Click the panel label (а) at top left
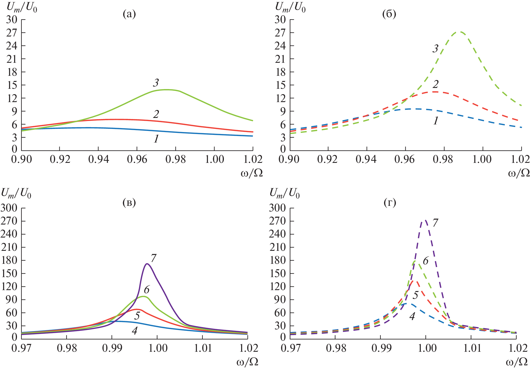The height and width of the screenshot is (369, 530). click(x=129, y=14)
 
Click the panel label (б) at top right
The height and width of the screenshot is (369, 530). click(x=389, y=14)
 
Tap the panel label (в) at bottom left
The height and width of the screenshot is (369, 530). click(x=129, y=202)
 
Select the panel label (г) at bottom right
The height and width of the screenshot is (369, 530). click(x=390, y=202)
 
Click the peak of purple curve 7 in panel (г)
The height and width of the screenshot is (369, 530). click(x=425, y=220)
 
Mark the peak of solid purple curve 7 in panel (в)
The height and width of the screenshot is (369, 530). click(x=147, y=264)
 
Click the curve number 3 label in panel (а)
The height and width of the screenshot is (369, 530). click(x=156, y=83)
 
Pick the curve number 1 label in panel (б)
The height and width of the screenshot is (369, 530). click(x=436, y=121)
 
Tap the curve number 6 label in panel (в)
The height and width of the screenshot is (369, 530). click(x=146, y=290)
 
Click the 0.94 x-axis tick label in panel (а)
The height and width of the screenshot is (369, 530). click(x=98, y=159)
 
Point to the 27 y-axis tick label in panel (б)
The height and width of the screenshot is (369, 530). click(x=280, y=33)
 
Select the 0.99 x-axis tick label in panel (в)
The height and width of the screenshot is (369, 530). click(x=112, y=348)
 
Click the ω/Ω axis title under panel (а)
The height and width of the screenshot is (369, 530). click(x=252, y=173)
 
